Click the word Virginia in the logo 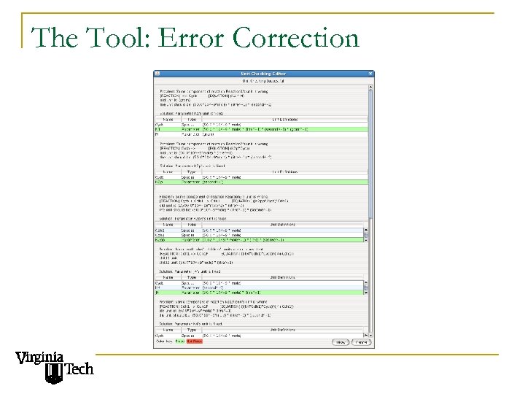(x=39, y=358)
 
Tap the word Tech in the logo (x=79, y=370)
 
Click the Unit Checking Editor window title (x=263, y=74)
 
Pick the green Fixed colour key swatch (x=180, y=341)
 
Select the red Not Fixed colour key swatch (x=194, y=341)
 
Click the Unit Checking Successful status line (x=263, y=81)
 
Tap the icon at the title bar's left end (x=156, y=74)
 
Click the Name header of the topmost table (x=168, y=119)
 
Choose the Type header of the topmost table (x=192, y=119)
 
